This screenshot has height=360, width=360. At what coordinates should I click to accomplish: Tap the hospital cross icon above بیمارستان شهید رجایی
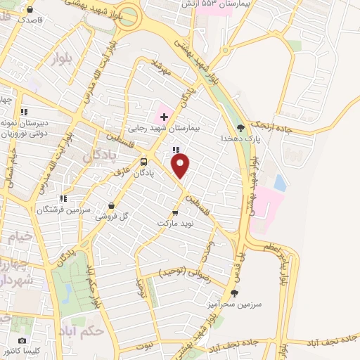(x=163, y=115)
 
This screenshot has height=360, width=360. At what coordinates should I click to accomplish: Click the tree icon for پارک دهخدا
(x=241, y=127)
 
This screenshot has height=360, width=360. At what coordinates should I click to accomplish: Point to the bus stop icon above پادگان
(x=143, y=160)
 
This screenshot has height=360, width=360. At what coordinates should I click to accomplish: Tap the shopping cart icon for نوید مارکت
(x=175, y=212)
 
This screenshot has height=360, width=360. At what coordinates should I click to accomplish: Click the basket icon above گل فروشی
(x=110, y=207)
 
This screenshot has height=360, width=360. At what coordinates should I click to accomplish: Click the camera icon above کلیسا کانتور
(x=22, y=340)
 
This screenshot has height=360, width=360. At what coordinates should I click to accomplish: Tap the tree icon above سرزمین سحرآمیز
(x=235, y=293)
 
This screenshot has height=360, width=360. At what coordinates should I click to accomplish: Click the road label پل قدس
(x=241, y=259)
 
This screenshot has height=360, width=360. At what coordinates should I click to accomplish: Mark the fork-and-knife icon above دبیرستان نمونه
(x=24, y=111)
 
